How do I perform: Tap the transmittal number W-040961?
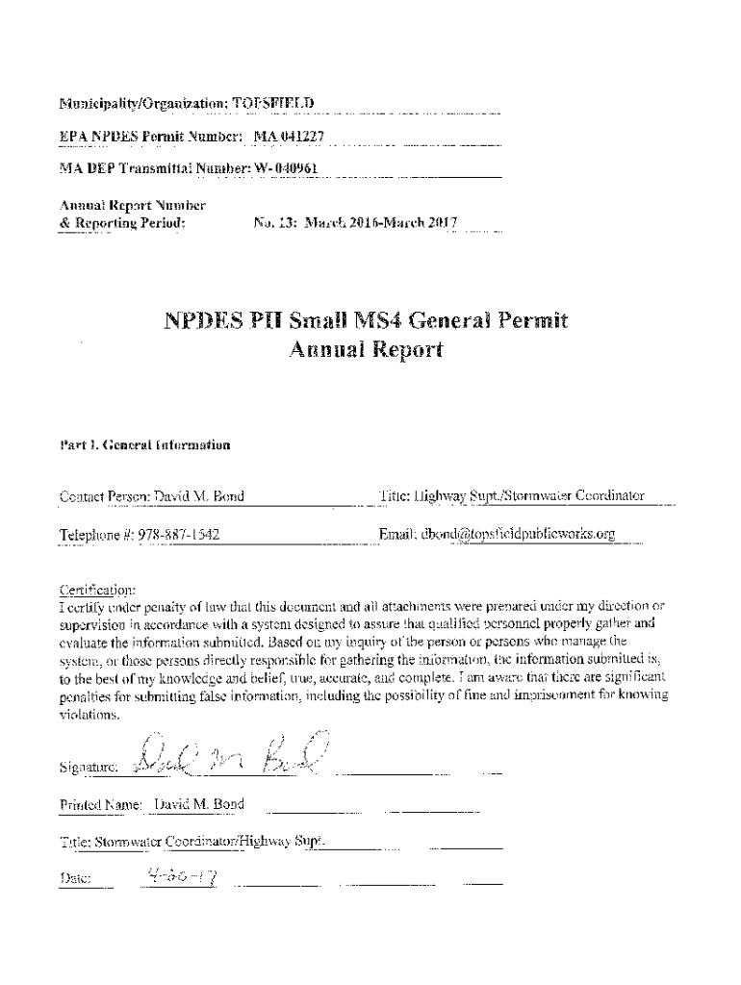tap(284, 170)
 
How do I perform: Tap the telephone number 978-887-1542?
tap(176, 534)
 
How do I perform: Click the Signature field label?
tap(88, 768)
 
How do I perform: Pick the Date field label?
tap(75, 878)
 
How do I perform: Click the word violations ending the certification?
tap(89, 715)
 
